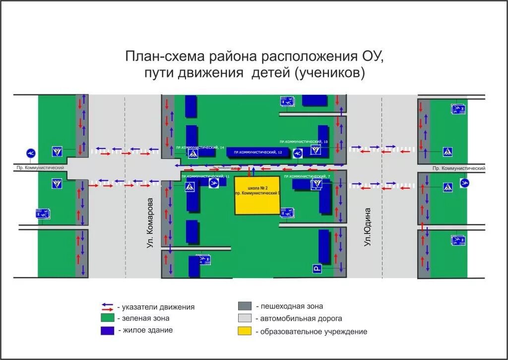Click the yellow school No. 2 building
[x=257, y=195]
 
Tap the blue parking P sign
[x=317, y=269]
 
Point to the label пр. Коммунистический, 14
[x=200, y=147]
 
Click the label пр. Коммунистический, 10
[x=304, y=142]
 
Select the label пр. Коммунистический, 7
[x=307, y=176]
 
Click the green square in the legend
[x=107, y=318]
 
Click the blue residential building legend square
[x=107, y=330]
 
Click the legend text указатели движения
[x=156, y=307]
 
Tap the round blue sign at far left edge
[x=31, y=152]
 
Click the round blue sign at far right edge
[x=465, y=183]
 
